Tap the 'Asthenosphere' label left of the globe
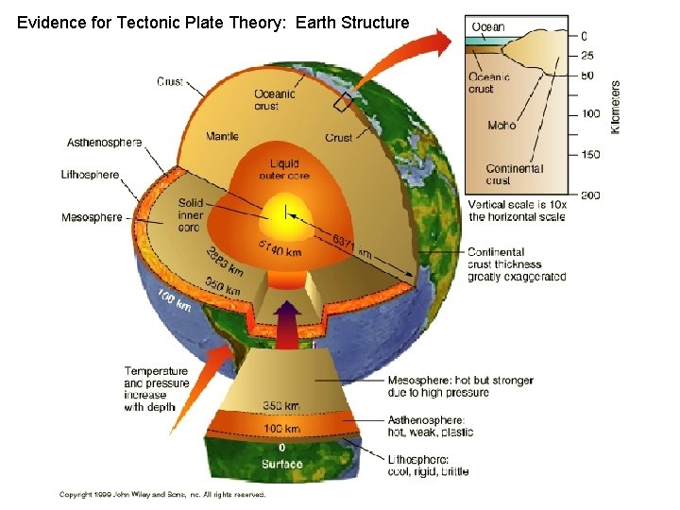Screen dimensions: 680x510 click(104, 143)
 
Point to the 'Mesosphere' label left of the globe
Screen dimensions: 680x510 click(92, 218)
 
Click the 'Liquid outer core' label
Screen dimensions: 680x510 click(283, 171)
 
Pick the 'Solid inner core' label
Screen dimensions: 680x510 click(190, 215)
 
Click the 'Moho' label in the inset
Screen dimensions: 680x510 click(501, 125)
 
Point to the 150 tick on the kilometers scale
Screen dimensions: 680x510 click(590, 154)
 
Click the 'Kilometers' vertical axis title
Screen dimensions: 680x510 click(616, 106)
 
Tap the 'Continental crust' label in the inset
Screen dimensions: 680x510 click(514, 174)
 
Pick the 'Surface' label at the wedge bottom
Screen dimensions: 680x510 click(282, 464)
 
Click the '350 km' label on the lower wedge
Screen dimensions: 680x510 click(282, 406)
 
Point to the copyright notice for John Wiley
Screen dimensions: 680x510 click(162, 494)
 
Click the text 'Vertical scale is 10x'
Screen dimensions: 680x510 click(516, 205)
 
